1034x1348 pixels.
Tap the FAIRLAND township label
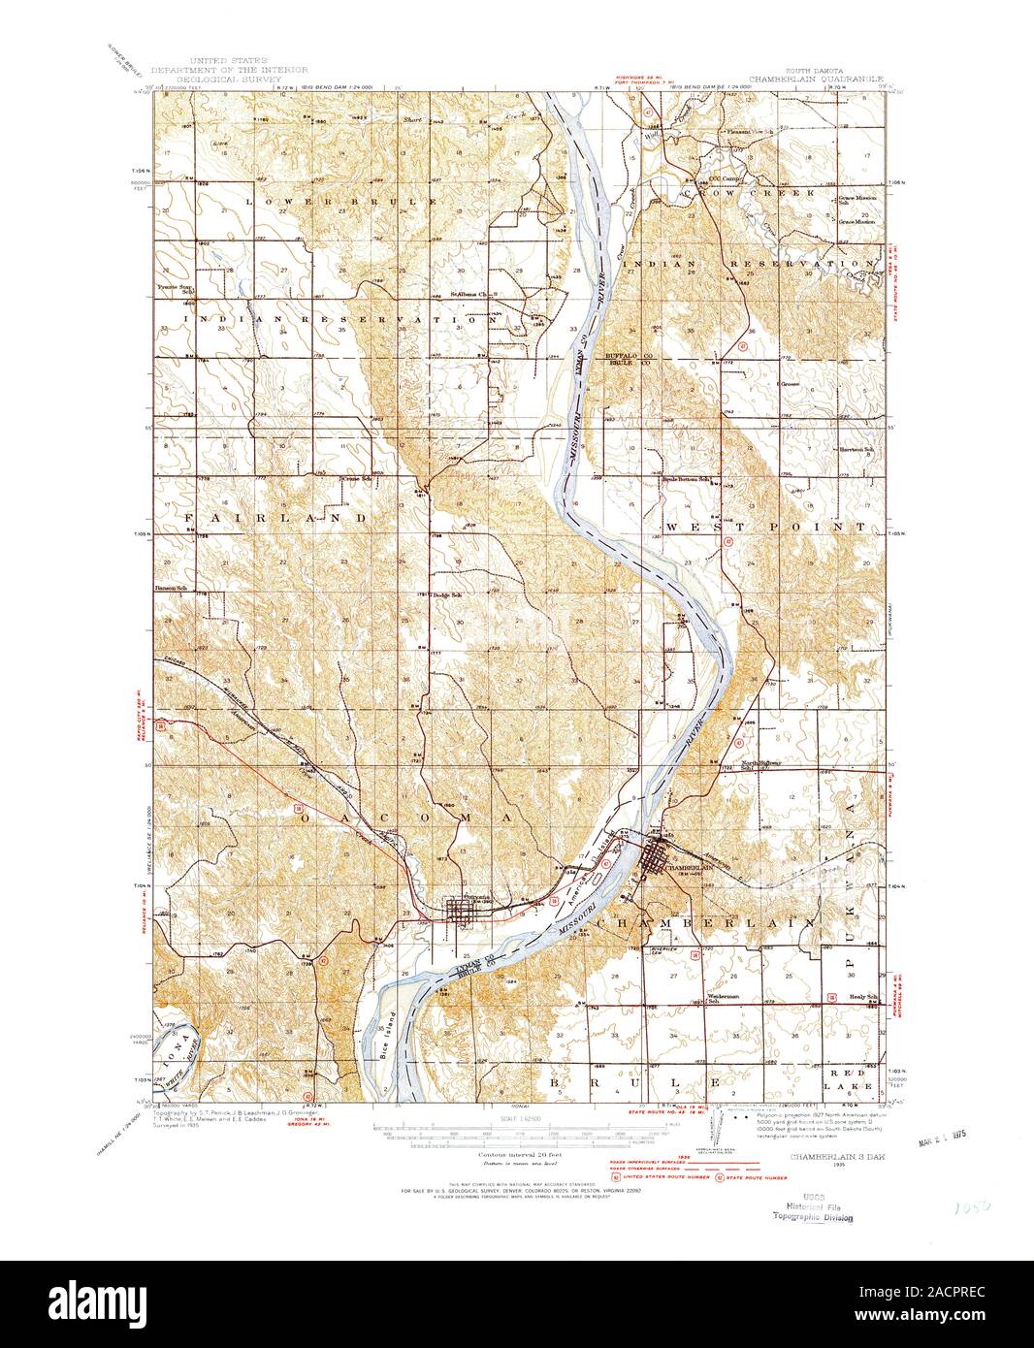275,519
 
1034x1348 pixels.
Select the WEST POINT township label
765,527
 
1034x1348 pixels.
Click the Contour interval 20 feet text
513,1156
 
